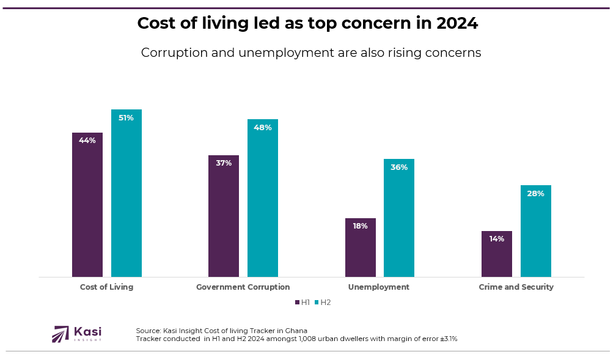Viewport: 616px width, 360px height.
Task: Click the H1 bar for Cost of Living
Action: click(87, 205)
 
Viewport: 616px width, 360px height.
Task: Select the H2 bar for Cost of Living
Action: click(127, 193)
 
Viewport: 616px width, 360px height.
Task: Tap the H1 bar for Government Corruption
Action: click(224, 216)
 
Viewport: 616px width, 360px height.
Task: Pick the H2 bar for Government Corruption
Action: click(263, 198)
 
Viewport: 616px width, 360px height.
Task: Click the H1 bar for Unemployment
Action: click(361, 248)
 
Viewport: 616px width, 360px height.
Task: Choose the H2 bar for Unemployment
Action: click(399, 218)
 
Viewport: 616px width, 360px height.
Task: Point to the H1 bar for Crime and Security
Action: click(497, 254)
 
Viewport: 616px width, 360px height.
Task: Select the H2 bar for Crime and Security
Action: click(536, 231)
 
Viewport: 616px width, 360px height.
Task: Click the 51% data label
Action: click(127, 118)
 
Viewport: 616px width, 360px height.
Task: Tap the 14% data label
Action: click(497, 239)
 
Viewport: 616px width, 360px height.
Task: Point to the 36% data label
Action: click(399, 167)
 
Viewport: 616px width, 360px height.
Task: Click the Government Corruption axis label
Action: click(243, 287)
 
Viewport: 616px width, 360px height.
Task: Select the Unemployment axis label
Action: click(379, 287)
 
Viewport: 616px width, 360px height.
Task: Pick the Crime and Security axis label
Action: click(516, 287)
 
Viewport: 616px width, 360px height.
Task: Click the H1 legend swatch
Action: click(297, 303)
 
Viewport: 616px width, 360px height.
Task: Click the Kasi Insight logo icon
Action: click(61, 334)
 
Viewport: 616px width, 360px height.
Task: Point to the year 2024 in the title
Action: click(457, 23)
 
